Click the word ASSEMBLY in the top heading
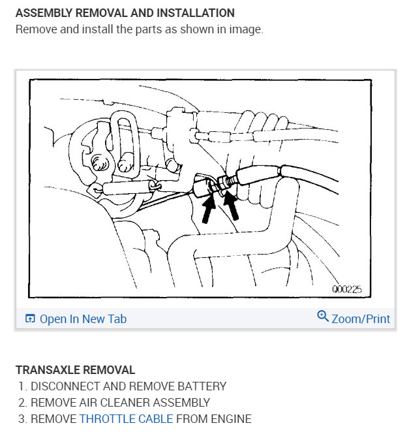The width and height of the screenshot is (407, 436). pos(40,13)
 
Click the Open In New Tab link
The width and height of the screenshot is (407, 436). pos(83,319)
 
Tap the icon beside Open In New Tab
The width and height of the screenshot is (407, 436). pos(30,319)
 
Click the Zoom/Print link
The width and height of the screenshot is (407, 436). pos(361,319)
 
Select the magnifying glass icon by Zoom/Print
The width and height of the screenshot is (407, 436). pos(322,317)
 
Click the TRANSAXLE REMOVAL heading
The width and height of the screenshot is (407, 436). pos(75,370)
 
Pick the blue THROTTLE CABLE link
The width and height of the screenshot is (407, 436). pos(126,418)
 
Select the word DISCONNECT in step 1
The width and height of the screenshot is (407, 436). pos(64,386)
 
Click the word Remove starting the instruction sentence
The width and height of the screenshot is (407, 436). pos(34,30)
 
